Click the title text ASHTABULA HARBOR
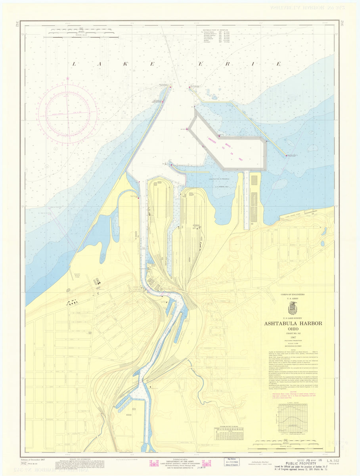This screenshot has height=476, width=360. click(293, 323)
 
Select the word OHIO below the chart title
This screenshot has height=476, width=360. click(293, 329)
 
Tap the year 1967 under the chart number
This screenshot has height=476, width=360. click(293, 338)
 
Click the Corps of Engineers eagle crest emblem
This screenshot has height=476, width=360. click(293, 308)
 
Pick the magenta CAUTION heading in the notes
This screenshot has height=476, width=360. click(293, 391)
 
